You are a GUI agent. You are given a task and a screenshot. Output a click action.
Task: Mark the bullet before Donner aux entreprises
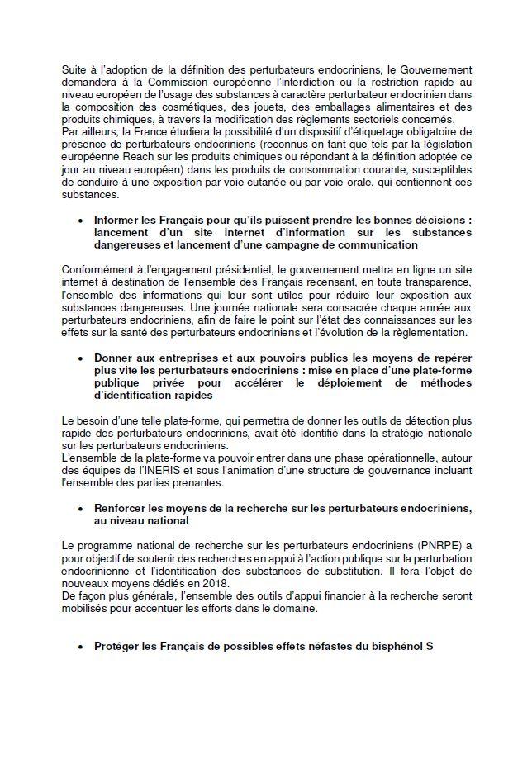coord(80,359)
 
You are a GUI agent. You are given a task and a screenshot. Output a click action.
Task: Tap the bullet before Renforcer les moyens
coord(80,509)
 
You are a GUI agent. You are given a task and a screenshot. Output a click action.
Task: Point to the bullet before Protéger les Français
coord(80,647)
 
